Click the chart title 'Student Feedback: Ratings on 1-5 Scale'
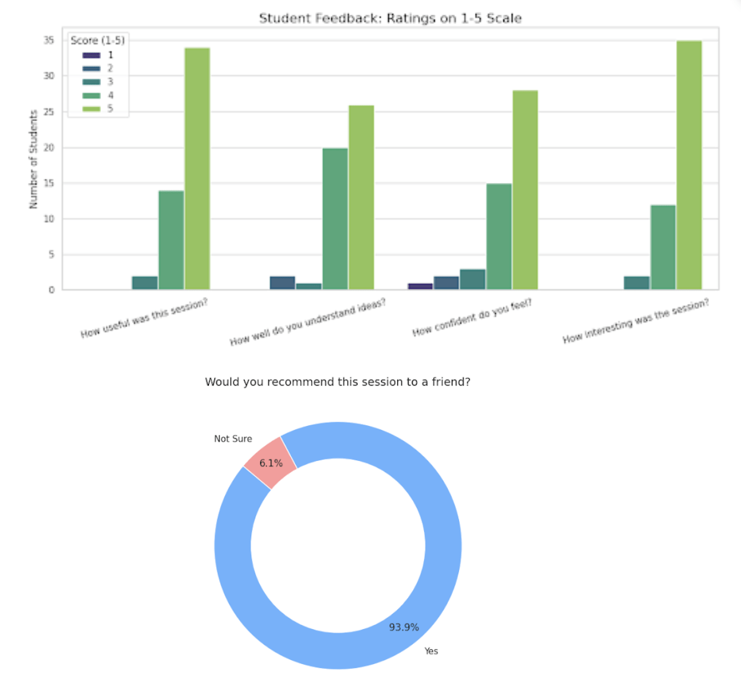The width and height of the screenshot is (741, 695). coord(390,18)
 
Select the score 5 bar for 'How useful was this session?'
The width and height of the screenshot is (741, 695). coord(197,169)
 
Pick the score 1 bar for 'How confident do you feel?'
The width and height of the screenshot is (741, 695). coord(420,286)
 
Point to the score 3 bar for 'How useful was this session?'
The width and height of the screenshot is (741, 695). coord(145,283)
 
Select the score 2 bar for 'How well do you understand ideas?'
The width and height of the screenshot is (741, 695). coord(283,283)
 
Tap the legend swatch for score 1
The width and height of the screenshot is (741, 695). coord(91,55)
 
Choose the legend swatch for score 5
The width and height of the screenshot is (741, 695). coord(91,109)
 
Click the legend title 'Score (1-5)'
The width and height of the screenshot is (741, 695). coord(97,40)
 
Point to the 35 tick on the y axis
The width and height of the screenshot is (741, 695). coord(49,40)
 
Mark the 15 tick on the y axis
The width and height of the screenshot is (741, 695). coord(49,184)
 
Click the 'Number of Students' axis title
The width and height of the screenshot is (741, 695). coord(33,159)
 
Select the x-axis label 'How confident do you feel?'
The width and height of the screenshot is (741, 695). coord(472,318)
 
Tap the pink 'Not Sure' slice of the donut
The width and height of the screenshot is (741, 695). coord(271,462)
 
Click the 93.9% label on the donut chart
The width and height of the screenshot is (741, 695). coord(404,627)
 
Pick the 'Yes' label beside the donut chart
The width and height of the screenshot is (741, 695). coord(431,651)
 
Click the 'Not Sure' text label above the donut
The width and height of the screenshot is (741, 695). coord(233,439)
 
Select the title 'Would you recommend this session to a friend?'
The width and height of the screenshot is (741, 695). coord(337,382)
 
